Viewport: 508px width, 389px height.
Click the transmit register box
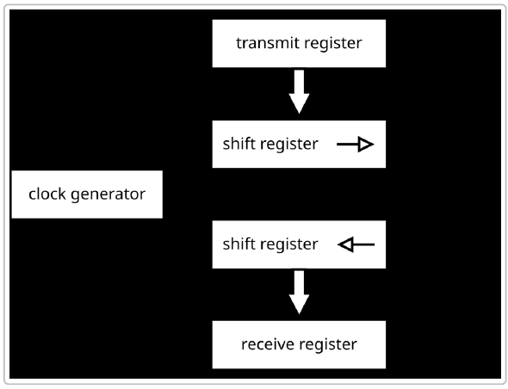click(298, 43)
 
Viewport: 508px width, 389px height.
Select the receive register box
click(298, 344)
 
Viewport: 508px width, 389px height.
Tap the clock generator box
click(87, 194)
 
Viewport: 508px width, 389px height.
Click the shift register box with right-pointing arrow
click(298, 145)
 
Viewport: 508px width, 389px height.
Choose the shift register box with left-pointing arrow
click(298, 244)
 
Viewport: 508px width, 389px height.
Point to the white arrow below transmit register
click(298, 92)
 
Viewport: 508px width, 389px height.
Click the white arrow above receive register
click(298, 293)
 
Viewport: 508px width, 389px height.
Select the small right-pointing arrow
click(355, 145)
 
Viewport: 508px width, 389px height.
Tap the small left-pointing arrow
click(356, 244)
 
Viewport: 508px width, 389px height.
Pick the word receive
click(268, 344)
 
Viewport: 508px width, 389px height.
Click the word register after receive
click(327, 344)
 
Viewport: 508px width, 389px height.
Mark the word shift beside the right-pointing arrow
click(238, 145)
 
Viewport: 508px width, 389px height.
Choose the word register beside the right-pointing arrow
click(288, 145)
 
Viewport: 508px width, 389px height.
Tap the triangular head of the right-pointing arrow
click(366, 145)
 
